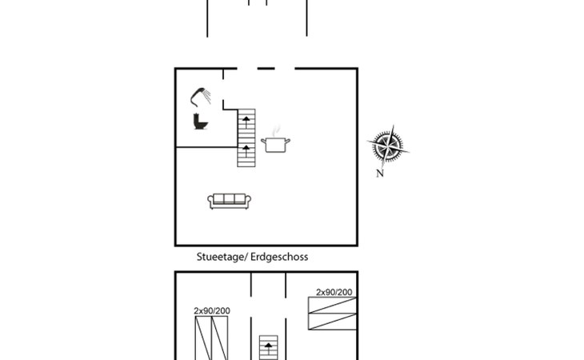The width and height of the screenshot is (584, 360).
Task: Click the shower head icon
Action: click(x=202, y=96)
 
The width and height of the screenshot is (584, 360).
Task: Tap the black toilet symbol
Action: click(x=200, y=122)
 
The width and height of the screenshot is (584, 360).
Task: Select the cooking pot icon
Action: click(x=275, y=145)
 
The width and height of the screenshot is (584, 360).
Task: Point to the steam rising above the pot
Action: click(x=277, y=130)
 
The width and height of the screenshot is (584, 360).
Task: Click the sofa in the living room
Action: click(x=229, y=201)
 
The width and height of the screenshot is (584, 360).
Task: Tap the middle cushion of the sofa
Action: click(x=229, y=198)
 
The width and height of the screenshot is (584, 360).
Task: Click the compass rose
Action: click(x=388, y=146)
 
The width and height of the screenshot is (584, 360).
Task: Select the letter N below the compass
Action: click(x=380, y=174)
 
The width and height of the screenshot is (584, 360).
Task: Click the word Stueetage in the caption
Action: click(x=220, y=257)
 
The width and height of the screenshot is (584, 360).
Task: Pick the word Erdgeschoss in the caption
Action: click(x=279, y=257)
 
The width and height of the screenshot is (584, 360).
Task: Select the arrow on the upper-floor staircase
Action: click(x=267, y=347)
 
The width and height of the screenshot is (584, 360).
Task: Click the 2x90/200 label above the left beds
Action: click(x=212, y=310)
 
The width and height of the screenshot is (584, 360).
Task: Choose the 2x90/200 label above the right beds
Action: click(x=334, y=292)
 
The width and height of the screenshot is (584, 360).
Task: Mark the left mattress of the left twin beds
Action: click(x=203, y=338)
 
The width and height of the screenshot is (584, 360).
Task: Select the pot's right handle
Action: click(x=287, y=142)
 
